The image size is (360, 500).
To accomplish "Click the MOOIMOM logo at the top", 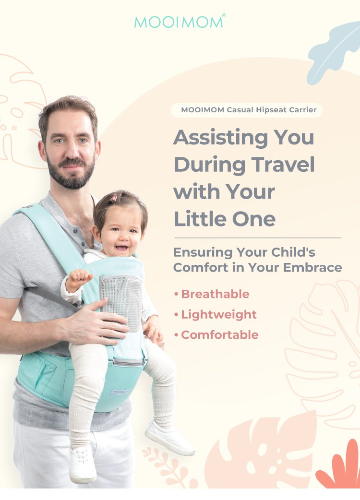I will (x=179, y=22).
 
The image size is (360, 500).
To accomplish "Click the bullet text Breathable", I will (x=215, y=294).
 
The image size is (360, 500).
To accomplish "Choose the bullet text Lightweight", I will (x=219, y=314).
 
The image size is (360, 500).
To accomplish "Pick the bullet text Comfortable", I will (x=219, y=335).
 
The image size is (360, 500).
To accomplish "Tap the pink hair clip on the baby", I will (x=113, y=198).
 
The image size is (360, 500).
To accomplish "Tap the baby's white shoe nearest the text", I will (x=170, y=439).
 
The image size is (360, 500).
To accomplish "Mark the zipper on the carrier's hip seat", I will (x=128, y=363).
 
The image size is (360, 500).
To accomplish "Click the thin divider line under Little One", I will (x=257, y=238).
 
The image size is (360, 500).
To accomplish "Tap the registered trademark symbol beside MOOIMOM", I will (x=224, y=16).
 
